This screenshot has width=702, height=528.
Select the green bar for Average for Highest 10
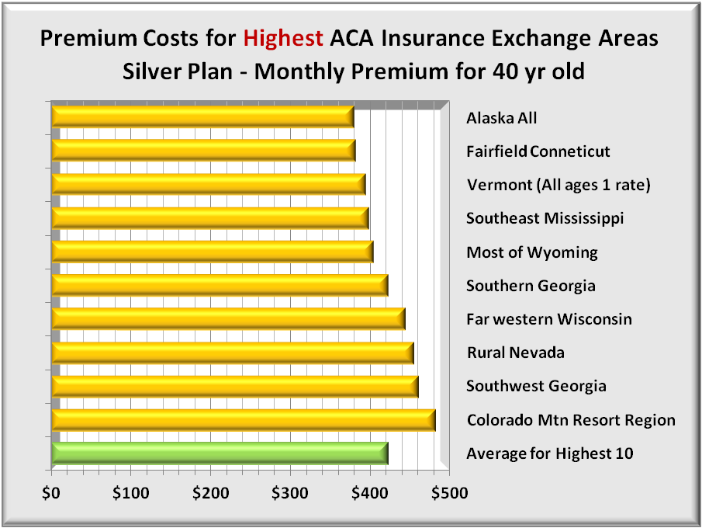tap(220, 453)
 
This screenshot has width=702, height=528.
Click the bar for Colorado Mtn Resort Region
tap(243, 420)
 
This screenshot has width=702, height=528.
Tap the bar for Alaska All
tap(202, 117)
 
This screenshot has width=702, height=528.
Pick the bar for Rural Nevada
tap(232, 353)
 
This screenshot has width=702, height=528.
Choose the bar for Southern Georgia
tap(219, 286)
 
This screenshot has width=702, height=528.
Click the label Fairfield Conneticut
tap(538, 151)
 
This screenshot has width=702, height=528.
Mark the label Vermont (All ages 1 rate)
tap(558, 185)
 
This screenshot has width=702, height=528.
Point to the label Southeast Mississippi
tap(545, 218)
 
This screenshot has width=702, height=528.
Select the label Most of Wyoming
tap(531, 252)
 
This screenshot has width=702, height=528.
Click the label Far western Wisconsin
tap(548, 319)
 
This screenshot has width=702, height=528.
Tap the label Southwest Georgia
tap(536, 386)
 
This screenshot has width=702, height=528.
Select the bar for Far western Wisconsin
tap(228, 319)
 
